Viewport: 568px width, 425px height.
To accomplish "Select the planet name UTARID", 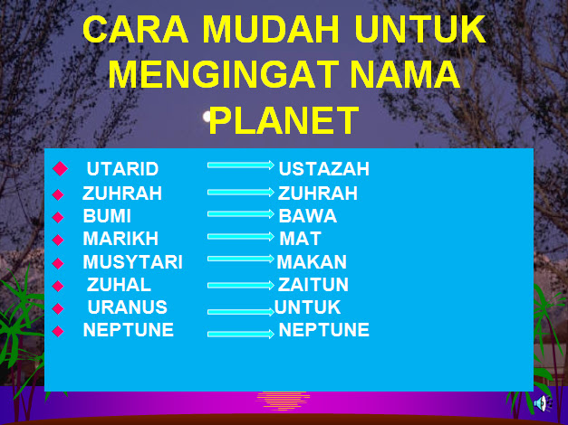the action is pos(123,169).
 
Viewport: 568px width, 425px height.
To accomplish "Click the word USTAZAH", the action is pos(323,169).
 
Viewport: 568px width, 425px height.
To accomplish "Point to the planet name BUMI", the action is pos(107,216).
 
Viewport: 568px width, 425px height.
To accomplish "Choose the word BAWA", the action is pos(307,216).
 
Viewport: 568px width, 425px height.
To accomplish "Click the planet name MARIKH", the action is pos(120,239).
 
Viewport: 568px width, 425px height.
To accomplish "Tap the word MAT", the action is pos(300,239).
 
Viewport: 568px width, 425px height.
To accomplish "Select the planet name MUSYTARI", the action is pos(132,262).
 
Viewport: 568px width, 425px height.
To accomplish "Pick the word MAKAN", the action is pos(312,262).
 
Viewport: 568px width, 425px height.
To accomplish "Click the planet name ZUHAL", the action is pos(119,285).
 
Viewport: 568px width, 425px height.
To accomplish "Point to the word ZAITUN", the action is pos(313,285).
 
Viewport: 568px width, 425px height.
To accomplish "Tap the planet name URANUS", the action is pos(127,307).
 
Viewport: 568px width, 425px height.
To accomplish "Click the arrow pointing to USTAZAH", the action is pos(241,165).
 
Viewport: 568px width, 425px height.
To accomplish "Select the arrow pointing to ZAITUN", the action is pos(241,286).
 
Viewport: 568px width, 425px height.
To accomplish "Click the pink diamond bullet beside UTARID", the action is pos(60,168).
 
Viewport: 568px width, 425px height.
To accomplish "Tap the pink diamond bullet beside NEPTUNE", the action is pos(58,331).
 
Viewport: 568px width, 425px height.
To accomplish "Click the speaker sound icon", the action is pos(543,403).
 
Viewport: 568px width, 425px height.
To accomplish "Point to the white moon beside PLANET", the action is pos(207,117).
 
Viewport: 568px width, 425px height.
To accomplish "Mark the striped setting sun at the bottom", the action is pos(284,401).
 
